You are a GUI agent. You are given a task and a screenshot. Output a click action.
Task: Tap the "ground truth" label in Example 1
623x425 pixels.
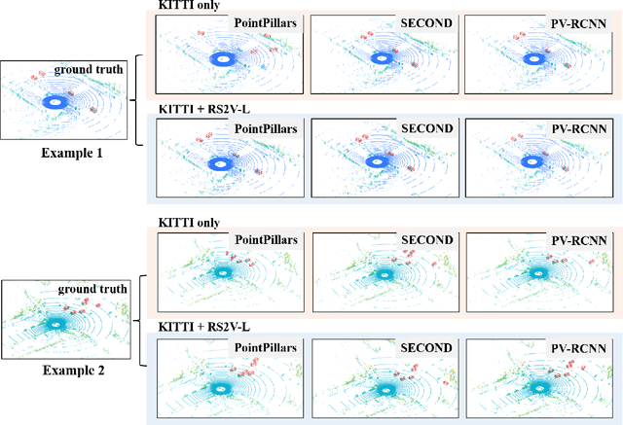[89, 69]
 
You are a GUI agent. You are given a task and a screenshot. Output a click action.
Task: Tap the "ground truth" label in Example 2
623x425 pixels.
[91, 289]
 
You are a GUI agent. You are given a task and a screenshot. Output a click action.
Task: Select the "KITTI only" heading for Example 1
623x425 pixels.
[187, 6]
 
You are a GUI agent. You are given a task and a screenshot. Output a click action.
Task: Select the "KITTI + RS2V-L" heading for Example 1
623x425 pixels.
[200, 108]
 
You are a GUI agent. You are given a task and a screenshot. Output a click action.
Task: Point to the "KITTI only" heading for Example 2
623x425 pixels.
[187, 223]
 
